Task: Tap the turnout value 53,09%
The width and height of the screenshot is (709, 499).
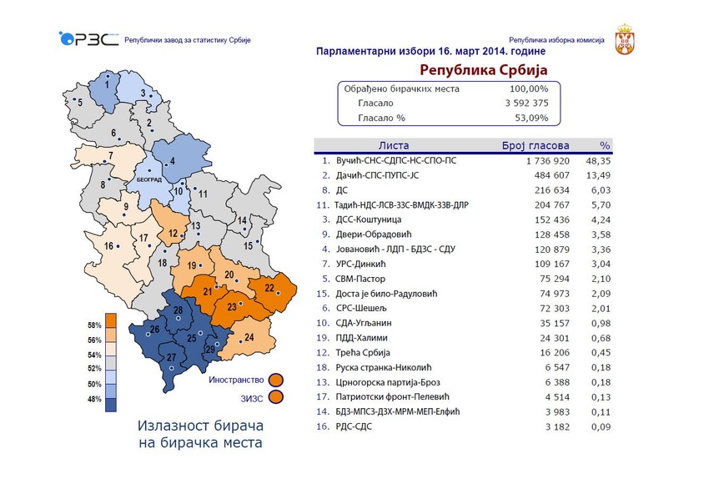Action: click(x=530, y=118)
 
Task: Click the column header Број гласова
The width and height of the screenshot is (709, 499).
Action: click(x=534, y=145)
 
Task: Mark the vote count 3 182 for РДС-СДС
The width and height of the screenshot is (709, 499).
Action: click(x=553, y=427)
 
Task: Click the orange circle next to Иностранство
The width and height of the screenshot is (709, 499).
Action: click(x=276, y=380)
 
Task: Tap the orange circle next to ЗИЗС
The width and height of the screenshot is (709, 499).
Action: click(x=276, y=397)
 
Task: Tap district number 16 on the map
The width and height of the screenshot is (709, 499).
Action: click(x=108, y=246)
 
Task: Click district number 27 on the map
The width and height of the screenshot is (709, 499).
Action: click(x=171, y=358)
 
